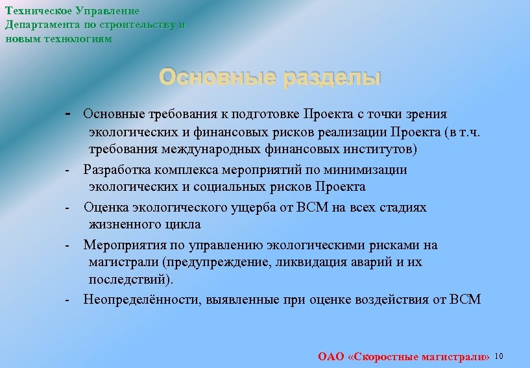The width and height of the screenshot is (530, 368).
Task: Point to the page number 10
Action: coord(499,356)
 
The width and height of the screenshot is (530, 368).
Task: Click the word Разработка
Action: coord(117,170)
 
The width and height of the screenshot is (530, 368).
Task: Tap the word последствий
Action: coord(130,280)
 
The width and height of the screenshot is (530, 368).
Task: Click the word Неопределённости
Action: coord(133,300)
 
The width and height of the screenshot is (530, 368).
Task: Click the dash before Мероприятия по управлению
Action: coord(67,245)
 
